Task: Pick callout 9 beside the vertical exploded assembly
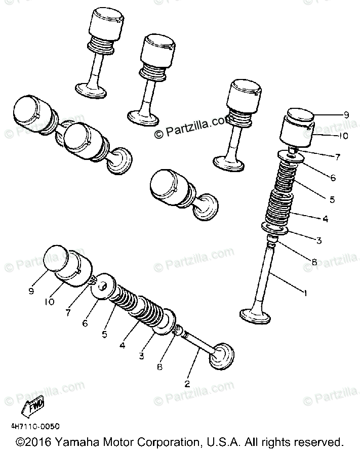346,115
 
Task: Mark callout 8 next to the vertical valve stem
314,262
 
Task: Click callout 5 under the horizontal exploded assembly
104,335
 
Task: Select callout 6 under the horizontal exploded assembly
85,322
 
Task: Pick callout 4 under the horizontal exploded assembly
122,346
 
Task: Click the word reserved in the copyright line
318,441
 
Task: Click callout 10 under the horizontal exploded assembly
49,302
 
